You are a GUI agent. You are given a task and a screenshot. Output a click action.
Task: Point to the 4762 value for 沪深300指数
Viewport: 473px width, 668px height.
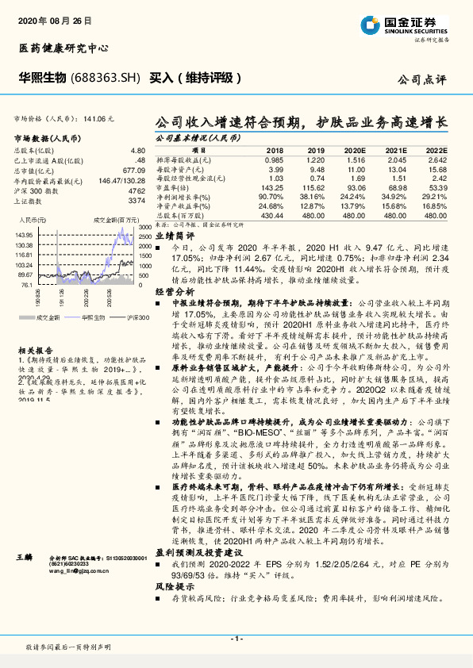coord(137,190)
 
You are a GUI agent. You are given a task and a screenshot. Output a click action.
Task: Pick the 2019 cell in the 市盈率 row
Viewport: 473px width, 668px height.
coord(314,187)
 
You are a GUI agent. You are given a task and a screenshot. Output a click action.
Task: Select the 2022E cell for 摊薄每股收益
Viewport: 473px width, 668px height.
coord(436,159)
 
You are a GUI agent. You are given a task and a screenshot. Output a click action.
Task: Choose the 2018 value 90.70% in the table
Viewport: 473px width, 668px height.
coord(271,196)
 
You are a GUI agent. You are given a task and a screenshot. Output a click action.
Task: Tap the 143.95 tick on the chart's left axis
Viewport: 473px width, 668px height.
coord(22,235)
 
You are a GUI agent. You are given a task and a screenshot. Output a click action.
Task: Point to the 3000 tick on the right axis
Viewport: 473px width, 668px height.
coord(144,227)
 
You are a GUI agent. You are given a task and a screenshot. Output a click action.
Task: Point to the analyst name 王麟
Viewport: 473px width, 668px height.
coord(25,559)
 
